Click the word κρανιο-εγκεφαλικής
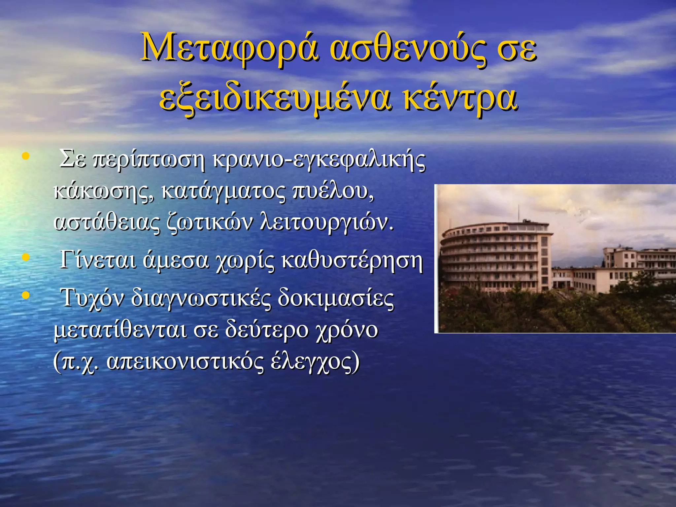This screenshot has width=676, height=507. pos(319,160)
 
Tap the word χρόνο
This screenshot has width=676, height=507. pos(347,330)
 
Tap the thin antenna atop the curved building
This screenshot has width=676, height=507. pos(518,213)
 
